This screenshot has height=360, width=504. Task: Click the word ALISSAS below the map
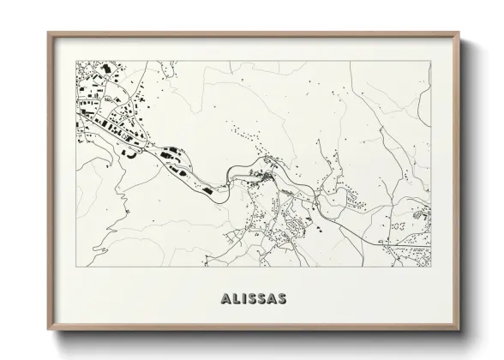pyautogui.click(x=253, y=299)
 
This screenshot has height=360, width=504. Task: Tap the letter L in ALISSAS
pyautogui.click(x=235, y=299)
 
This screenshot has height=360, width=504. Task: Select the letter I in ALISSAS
pyautogui.click(x=244, y=299)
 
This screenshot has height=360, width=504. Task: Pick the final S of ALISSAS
pyautogui.click(x=282, y=299)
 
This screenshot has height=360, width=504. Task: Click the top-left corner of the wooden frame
pyautogui.click(x=48, y=33)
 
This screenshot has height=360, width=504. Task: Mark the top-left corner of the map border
pyautogui.click(x=76, y=59)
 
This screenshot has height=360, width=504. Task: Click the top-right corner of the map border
pyautogui.click(x=430, y=59)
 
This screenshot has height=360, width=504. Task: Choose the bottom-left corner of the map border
pyautogui.click(x=76, y=267)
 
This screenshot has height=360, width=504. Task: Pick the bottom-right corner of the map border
pyautogui.click(x=430, y=267)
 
